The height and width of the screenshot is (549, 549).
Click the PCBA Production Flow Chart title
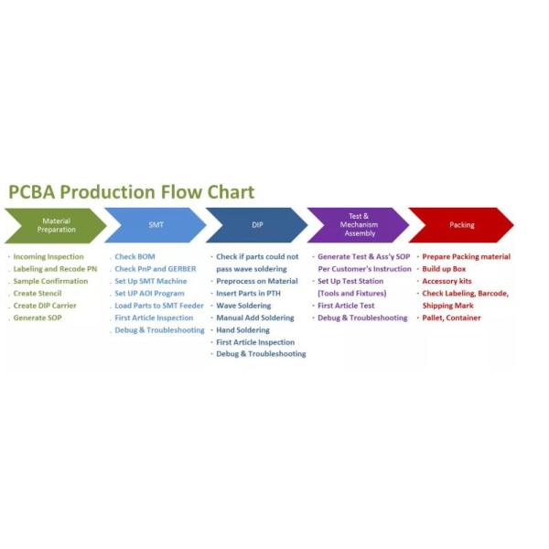tap(131, 192)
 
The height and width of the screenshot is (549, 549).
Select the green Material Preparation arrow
tap(55, 225)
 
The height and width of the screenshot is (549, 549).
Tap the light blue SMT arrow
tap(156, 225)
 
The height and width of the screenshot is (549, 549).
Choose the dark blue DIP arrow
tap(257, 225)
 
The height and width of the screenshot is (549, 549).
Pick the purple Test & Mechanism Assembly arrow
tap(358, 225)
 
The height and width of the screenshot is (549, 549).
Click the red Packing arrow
tap(461, 225)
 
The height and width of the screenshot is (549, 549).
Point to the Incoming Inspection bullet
tap(48, 257)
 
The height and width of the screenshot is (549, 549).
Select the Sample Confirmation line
tap(50, 281)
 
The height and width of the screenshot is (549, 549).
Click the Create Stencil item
tap(38, 294)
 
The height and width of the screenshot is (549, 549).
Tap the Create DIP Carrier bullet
tap(45, 306)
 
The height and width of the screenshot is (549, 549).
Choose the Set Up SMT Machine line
tap(150, 281)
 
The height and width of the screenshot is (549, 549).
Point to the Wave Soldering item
tap(243, 306)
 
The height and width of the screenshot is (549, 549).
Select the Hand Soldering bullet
tap(242, 329)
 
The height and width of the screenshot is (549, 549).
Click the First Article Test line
tap(346, 306)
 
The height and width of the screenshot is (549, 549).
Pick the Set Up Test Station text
tap(350, 281)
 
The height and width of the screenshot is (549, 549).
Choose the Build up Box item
tap(444, 269)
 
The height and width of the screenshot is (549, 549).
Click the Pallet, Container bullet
tap(451, 318)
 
